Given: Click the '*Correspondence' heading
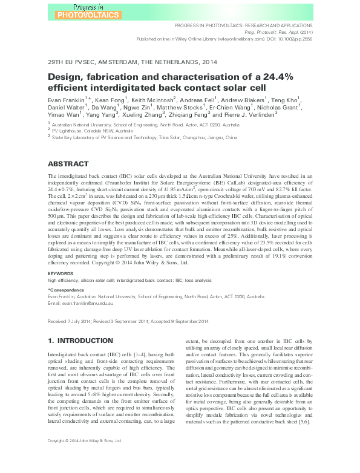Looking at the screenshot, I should click(x=67, y=290).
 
